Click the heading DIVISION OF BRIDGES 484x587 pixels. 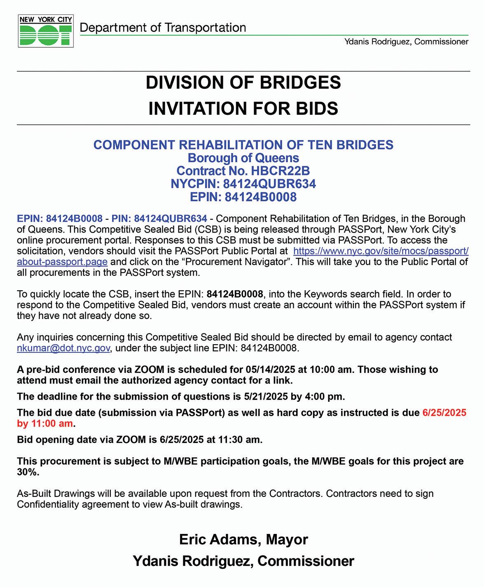pyautogui.click(x=243, y=82)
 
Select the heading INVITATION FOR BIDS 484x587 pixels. pyautogui.click(x=243, y=109)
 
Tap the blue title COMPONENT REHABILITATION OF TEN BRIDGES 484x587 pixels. pyautogui.click(x=243, y=145)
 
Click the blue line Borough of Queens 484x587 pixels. pyautogui.click(x=243, y=158)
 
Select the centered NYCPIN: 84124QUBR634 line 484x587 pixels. pyautogui.click(x=243, y=184)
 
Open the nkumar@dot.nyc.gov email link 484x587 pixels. pyautogui.click(x=63, y=348)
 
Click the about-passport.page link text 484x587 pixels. pyautogui.click(x=62, y=262)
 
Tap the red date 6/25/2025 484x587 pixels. pyautogui.click(x=444, y=413)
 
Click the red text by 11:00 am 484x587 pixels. pyautogui.click(x=45, y=424)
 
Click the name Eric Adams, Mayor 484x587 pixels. pyautogui.click(x=243, y=539)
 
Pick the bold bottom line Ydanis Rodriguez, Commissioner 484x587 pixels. pyautogui.click(x=243, y=561)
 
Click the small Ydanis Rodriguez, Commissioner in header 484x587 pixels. pyautogui.click(x=407, y=42)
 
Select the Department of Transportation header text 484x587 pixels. pyautogui.click(x=163, y=28)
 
